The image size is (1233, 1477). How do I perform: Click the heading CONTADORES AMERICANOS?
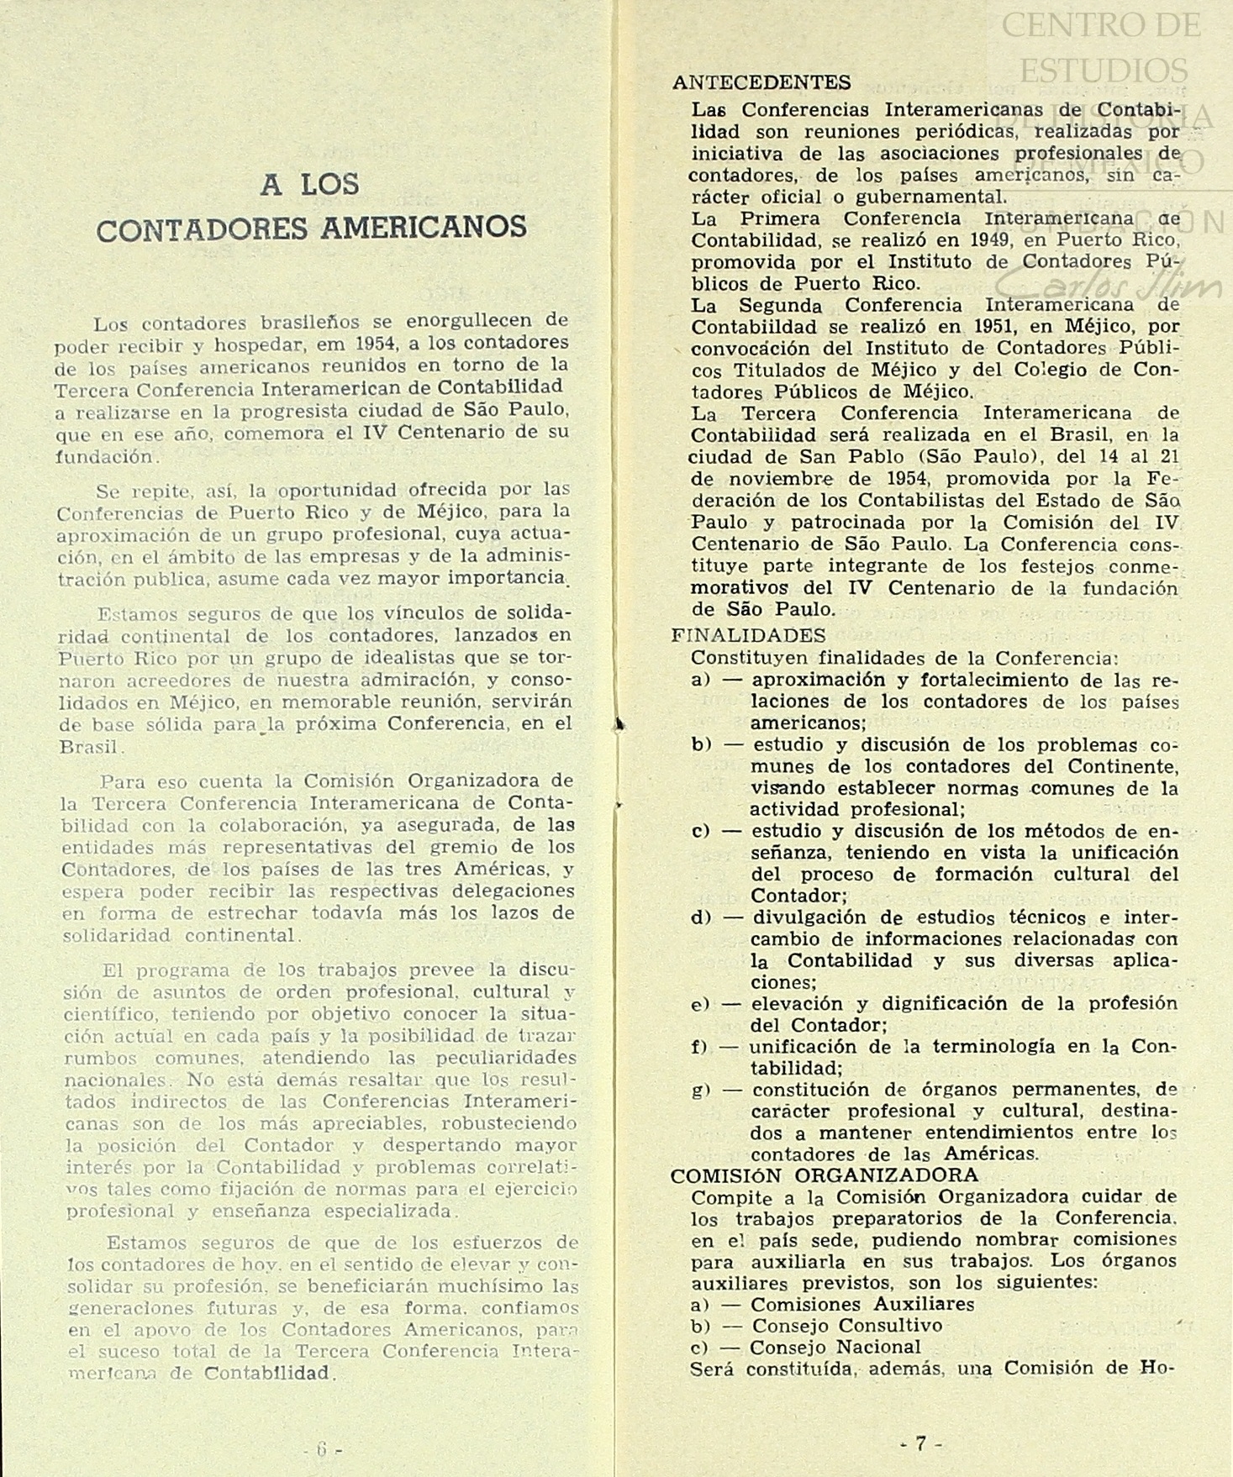[x=311, y=228]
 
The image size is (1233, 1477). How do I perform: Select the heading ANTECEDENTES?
[x=761, y=82]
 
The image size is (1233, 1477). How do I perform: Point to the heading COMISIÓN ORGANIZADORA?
[x=825, y=1175]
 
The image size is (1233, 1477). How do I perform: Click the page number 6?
[x=321, y=1448]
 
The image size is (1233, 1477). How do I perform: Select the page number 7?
[x=920, y=1443]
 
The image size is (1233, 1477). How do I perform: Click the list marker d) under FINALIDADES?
[x=702, y=917]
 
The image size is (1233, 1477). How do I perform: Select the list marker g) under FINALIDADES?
[x=702, y=1090]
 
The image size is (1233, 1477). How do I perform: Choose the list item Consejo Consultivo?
[x=846, y=1325]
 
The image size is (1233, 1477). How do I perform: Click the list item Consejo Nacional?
[x=835, y=1347]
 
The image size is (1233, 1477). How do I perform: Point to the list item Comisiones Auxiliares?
[x=862, y=1304]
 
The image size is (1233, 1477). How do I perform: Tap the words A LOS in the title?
[x=310, y=184]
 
